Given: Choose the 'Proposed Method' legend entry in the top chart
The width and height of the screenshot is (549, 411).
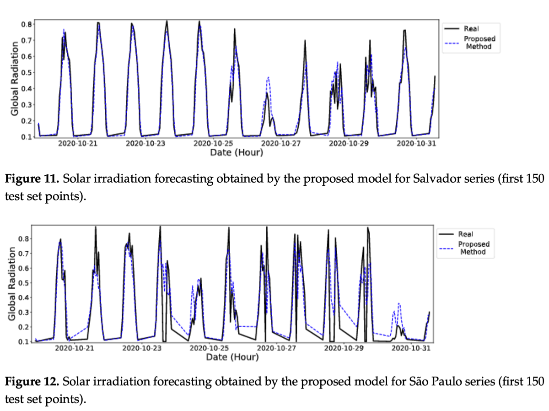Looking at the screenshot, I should pyautogui.click(x=479, y=43).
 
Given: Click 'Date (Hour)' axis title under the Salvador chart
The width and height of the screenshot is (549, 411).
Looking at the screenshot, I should pyautogui.click(x=237, y=152).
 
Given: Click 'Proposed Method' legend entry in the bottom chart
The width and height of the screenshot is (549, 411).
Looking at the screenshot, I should pyautogui.click(x=474, y=248).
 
